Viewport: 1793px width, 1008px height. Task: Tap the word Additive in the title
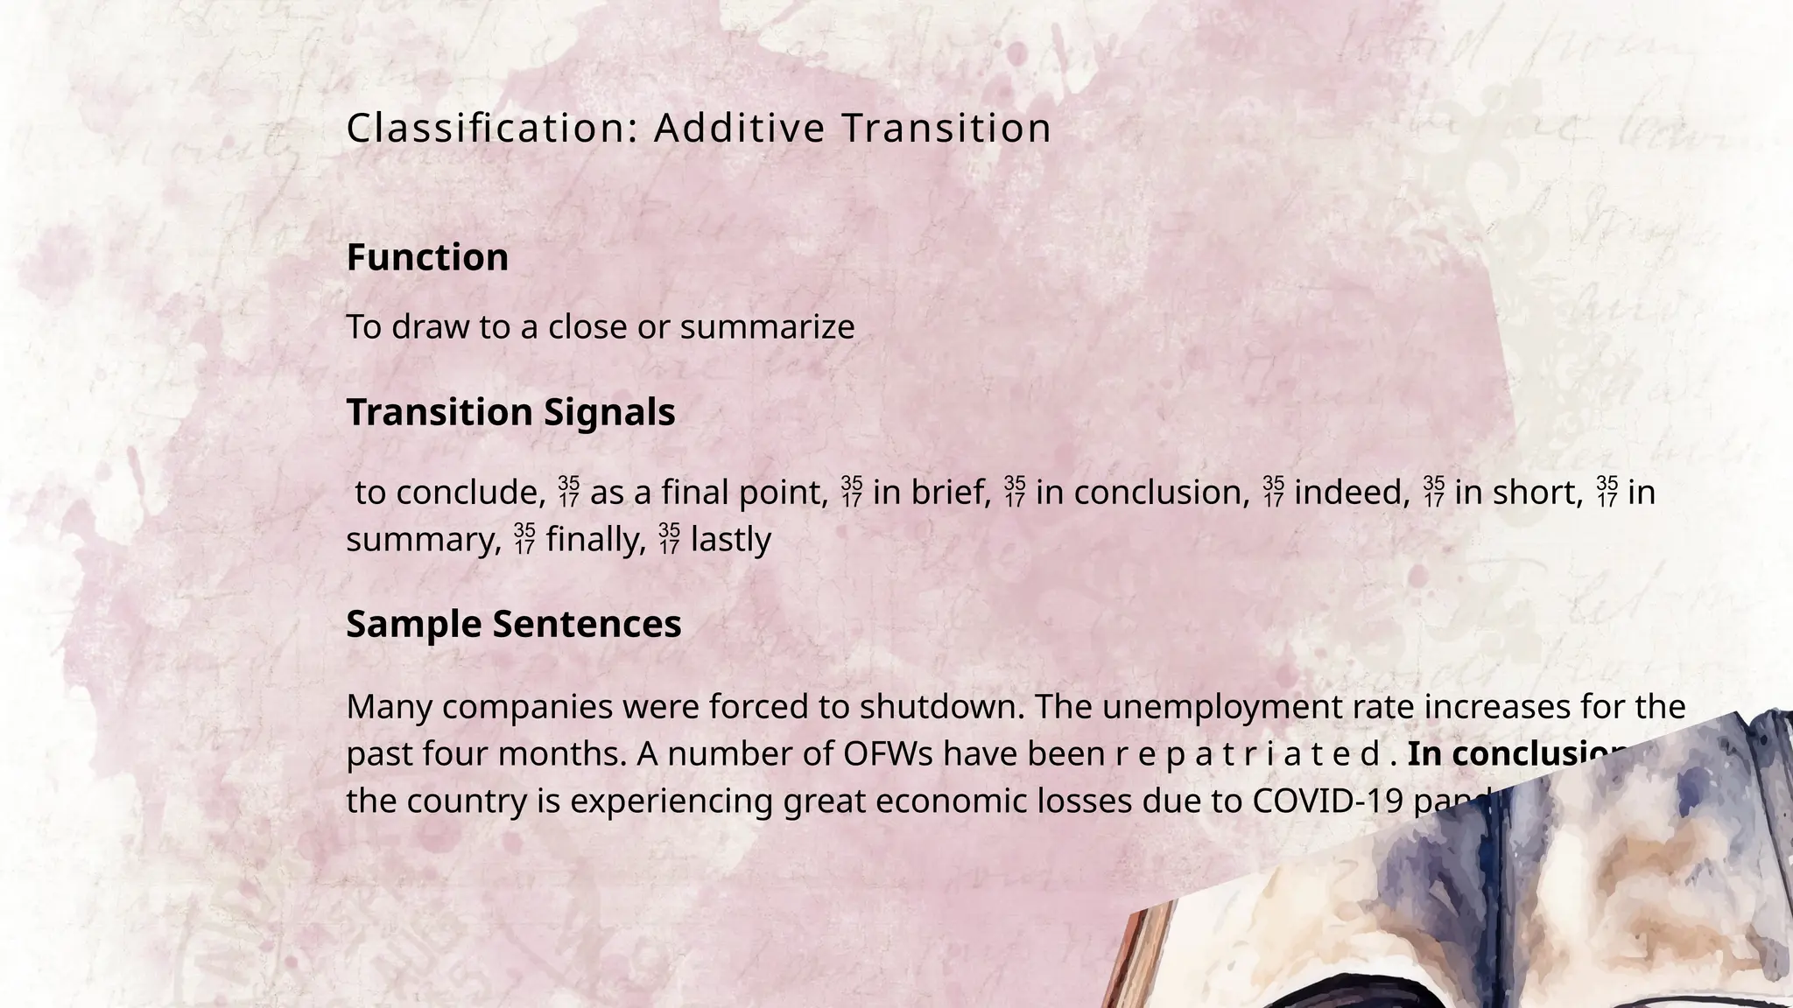739,129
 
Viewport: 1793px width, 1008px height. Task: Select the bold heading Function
427,258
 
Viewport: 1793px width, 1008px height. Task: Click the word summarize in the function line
767,327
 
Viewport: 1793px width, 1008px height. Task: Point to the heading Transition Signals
510,412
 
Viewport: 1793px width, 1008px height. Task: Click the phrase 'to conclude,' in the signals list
451,493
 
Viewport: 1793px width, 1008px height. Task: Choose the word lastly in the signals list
730,539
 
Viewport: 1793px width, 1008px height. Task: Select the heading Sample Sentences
513,625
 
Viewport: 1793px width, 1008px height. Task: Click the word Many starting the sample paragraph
390,707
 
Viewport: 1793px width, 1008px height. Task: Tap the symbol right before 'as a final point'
568,493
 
